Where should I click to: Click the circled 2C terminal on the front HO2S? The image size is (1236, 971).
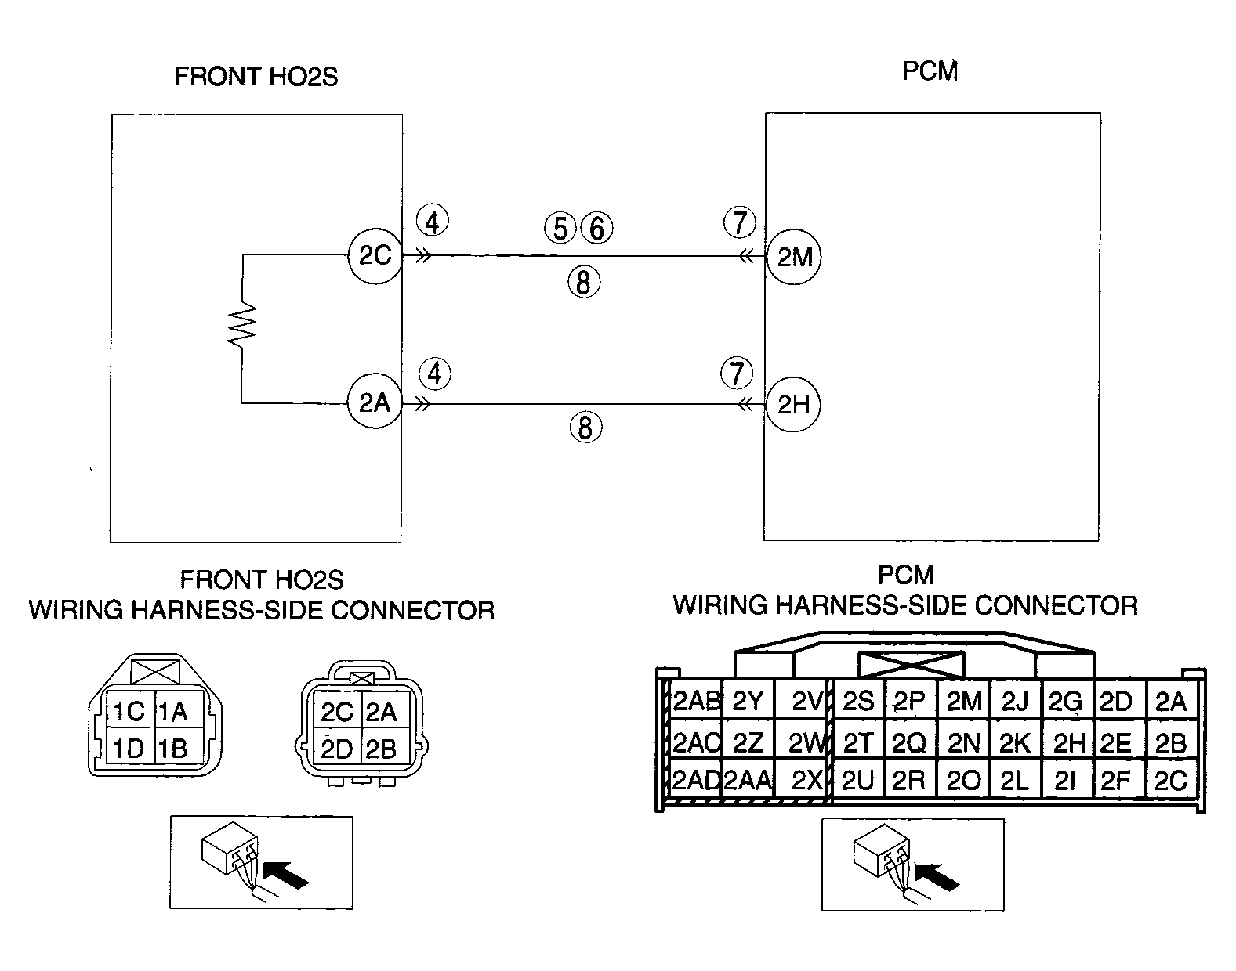point(375,256)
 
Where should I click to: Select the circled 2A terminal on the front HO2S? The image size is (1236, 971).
point(375,402)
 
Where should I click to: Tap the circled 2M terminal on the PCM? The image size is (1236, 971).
point(794,257)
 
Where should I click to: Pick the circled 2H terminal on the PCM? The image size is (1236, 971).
point(794,405)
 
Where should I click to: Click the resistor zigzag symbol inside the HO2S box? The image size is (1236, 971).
point(242,326)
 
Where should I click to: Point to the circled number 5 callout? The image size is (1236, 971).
point(560,228)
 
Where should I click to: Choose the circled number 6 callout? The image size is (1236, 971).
point(596,228)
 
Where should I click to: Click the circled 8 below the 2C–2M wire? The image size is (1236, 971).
point(584,282)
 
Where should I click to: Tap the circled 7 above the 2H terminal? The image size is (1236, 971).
point(737,373)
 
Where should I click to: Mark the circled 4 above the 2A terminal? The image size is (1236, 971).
point(435,374)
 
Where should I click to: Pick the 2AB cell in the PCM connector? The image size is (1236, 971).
point(695,700)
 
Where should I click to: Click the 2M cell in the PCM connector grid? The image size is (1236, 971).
point(963,700)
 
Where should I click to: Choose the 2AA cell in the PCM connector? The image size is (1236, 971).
point(748,779)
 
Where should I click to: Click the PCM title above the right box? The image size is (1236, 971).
point(930,71)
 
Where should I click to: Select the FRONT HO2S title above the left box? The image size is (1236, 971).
point(256,76)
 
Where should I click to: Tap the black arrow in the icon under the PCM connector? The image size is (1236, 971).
point(937,877)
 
